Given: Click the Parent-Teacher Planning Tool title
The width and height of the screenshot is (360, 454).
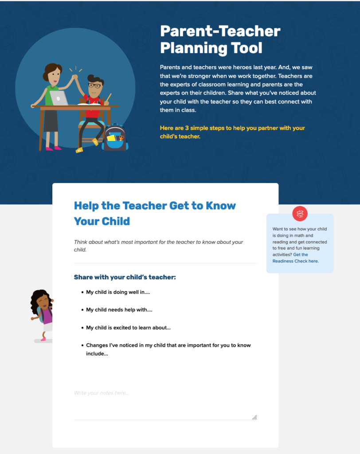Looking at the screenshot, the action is tap(220, 39).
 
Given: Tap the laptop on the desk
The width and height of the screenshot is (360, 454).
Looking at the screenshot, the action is tap(59, 98).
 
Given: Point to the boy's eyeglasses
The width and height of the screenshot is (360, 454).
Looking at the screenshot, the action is tap(94, 86).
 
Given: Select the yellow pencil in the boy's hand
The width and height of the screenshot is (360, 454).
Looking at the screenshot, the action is tap(108, 98).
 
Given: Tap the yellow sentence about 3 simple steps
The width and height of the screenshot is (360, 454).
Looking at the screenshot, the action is tap(232, 132).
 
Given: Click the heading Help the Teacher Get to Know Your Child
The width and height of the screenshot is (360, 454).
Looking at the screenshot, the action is tap(155, 213).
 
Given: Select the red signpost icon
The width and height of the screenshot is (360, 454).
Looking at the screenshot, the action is tap(300, 214).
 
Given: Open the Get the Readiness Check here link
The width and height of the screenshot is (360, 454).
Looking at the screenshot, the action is tap(295, 258).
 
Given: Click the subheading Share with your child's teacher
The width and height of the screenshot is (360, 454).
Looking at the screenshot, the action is tap(125, 277).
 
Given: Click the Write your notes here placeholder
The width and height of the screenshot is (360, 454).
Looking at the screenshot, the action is tap(102, 393).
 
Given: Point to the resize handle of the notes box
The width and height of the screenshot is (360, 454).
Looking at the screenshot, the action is tap(254, 417).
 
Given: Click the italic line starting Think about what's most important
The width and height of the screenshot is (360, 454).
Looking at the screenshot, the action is tap(158, 246).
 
